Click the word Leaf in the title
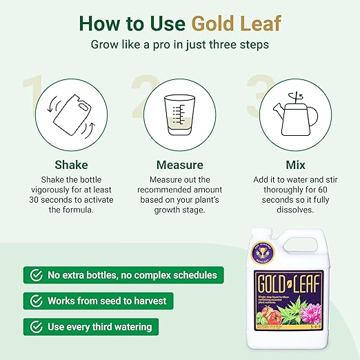pyautogui.click(x=259, y=23)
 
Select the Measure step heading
pyautogui.click(x=179, y=165)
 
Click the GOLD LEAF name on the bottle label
pyautogui.click(x=296, y=283)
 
